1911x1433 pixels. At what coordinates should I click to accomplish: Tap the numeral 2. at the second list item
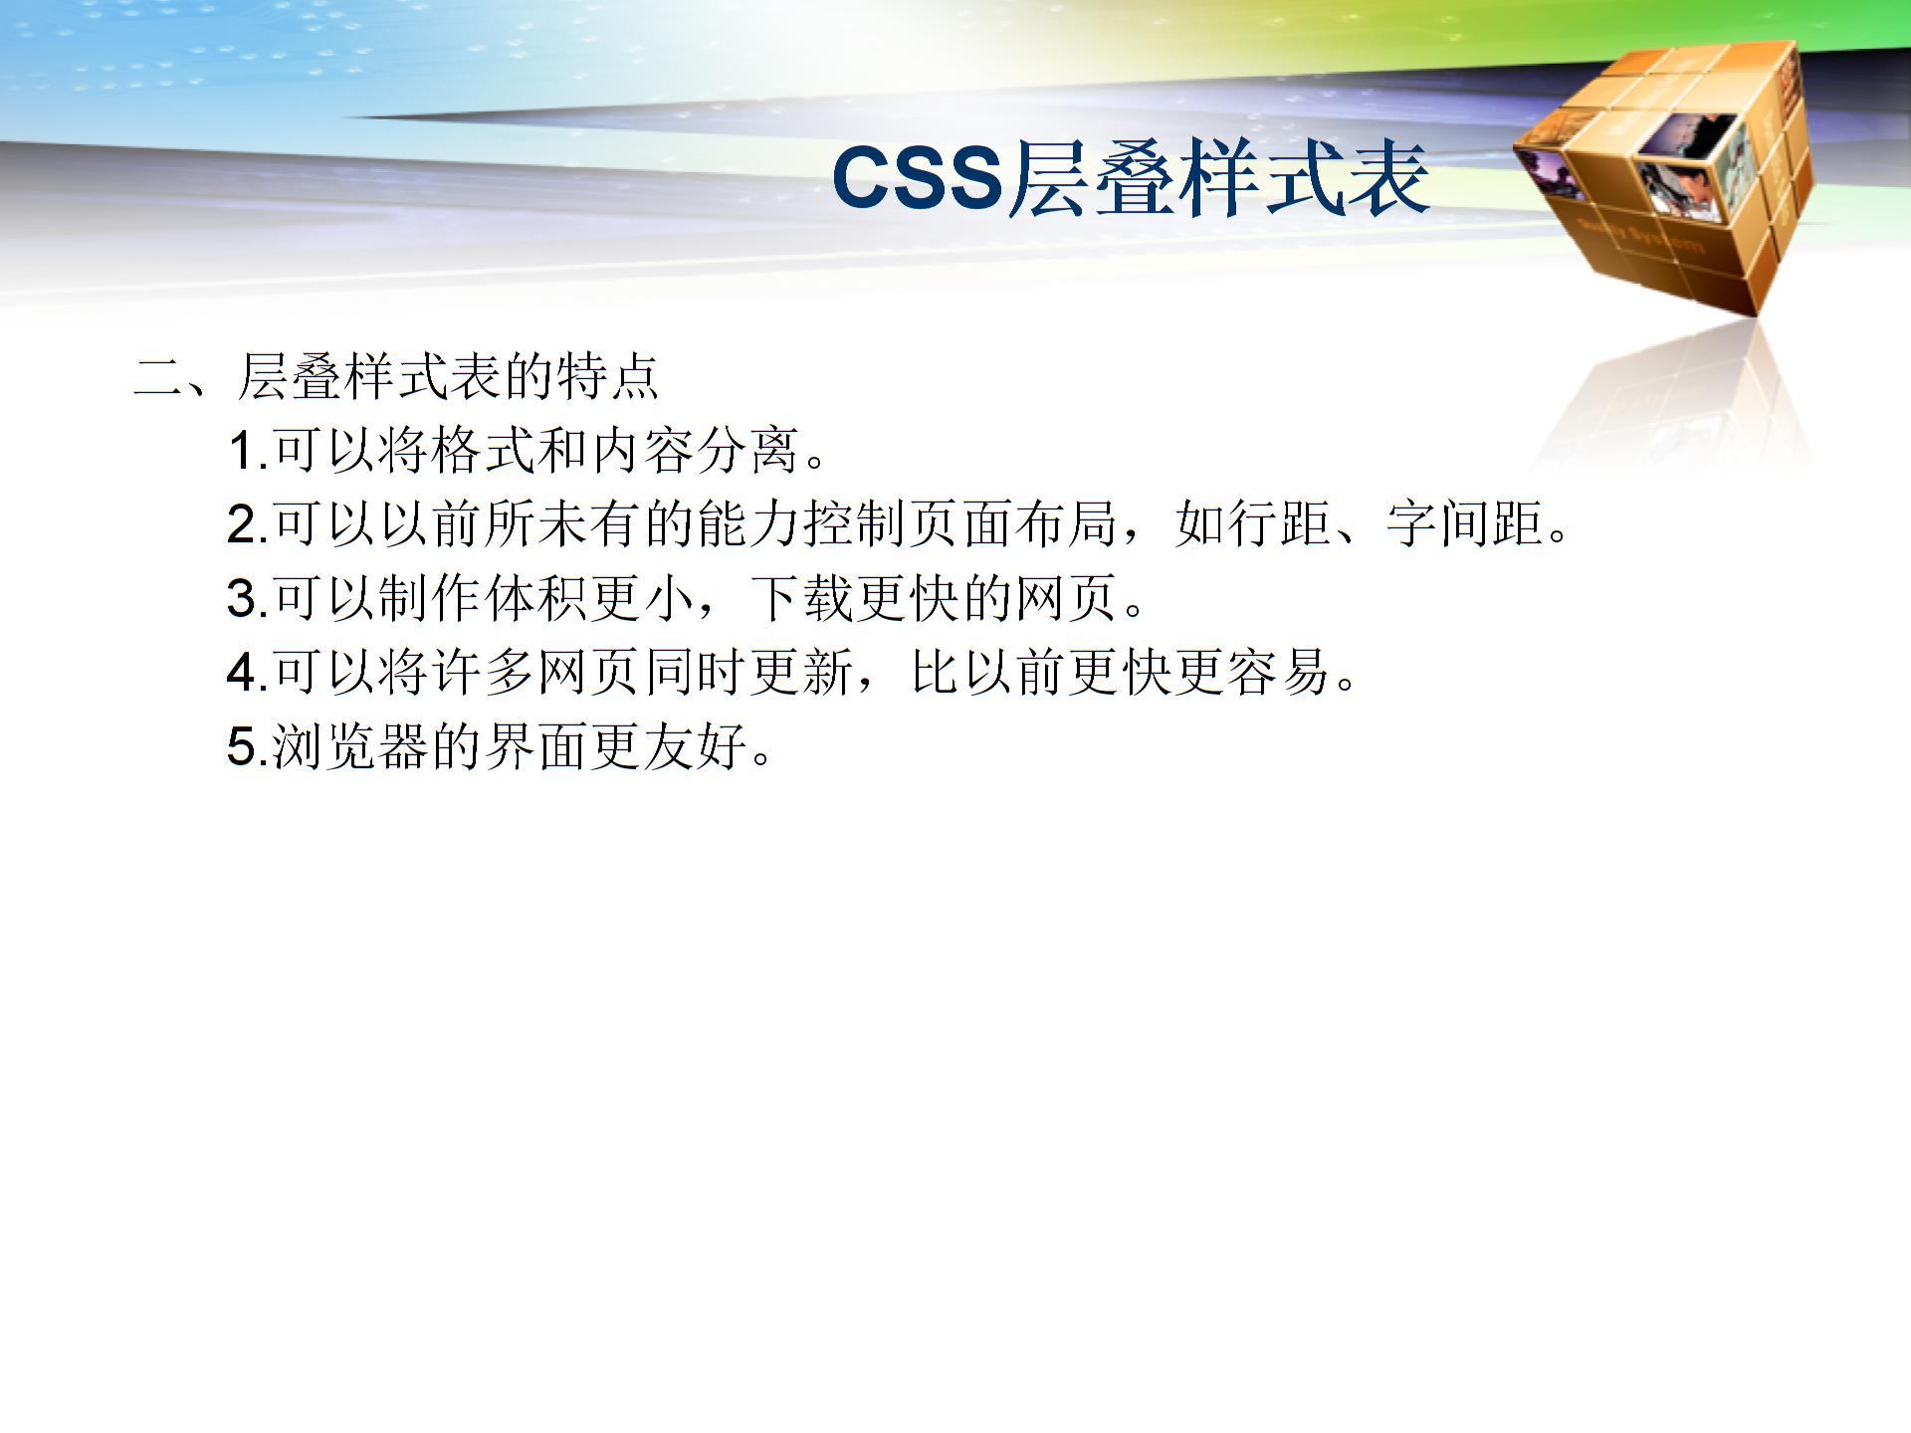coord(247,524)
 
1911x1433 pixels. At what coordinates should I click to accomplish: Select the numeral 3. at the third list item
coord(247,598)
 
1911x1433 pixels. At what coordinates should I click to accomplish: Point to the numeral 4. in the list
coord(247,672)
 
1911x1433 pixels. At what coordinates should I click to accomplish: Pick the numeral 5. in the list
coord(247,746)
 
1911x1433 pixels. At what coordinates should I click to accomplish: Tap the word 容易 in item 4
coord(1278,672)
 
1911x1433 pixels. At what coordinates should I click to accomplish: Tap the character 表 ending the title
coord(1388,179)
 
